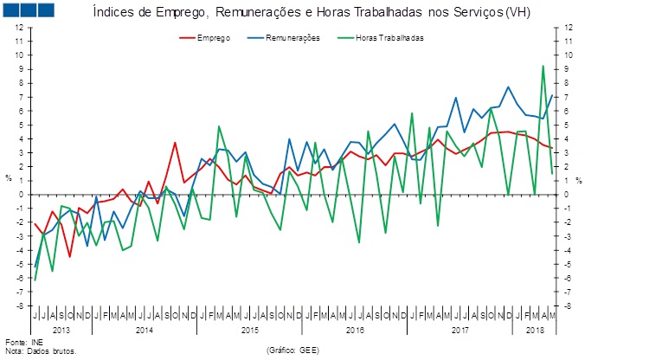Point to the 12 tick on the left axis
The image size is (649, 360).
[x=20, y=28]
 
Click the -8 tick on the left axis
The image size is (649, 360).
[x=20, y=305]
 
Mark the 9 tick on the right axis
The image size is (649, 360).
[x=568, y=69]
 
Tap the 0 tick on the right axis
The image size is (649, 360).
[x=568, y=195]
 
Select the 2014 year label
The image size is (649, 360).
[x=144, y=331]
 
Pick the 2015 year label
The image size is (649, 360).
[x=250, y=331]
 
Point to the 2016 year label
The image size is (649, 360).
[x=355, y=331]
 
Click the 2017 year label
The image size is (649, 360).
[x=459, y=331]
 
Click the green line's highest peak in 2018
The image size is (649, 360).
[x=543, y=66]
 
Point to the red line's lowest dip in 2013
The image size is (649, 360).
[x=70, y=256]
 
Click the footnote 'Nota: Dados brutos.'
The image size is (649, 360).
[x=41, y=351]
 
